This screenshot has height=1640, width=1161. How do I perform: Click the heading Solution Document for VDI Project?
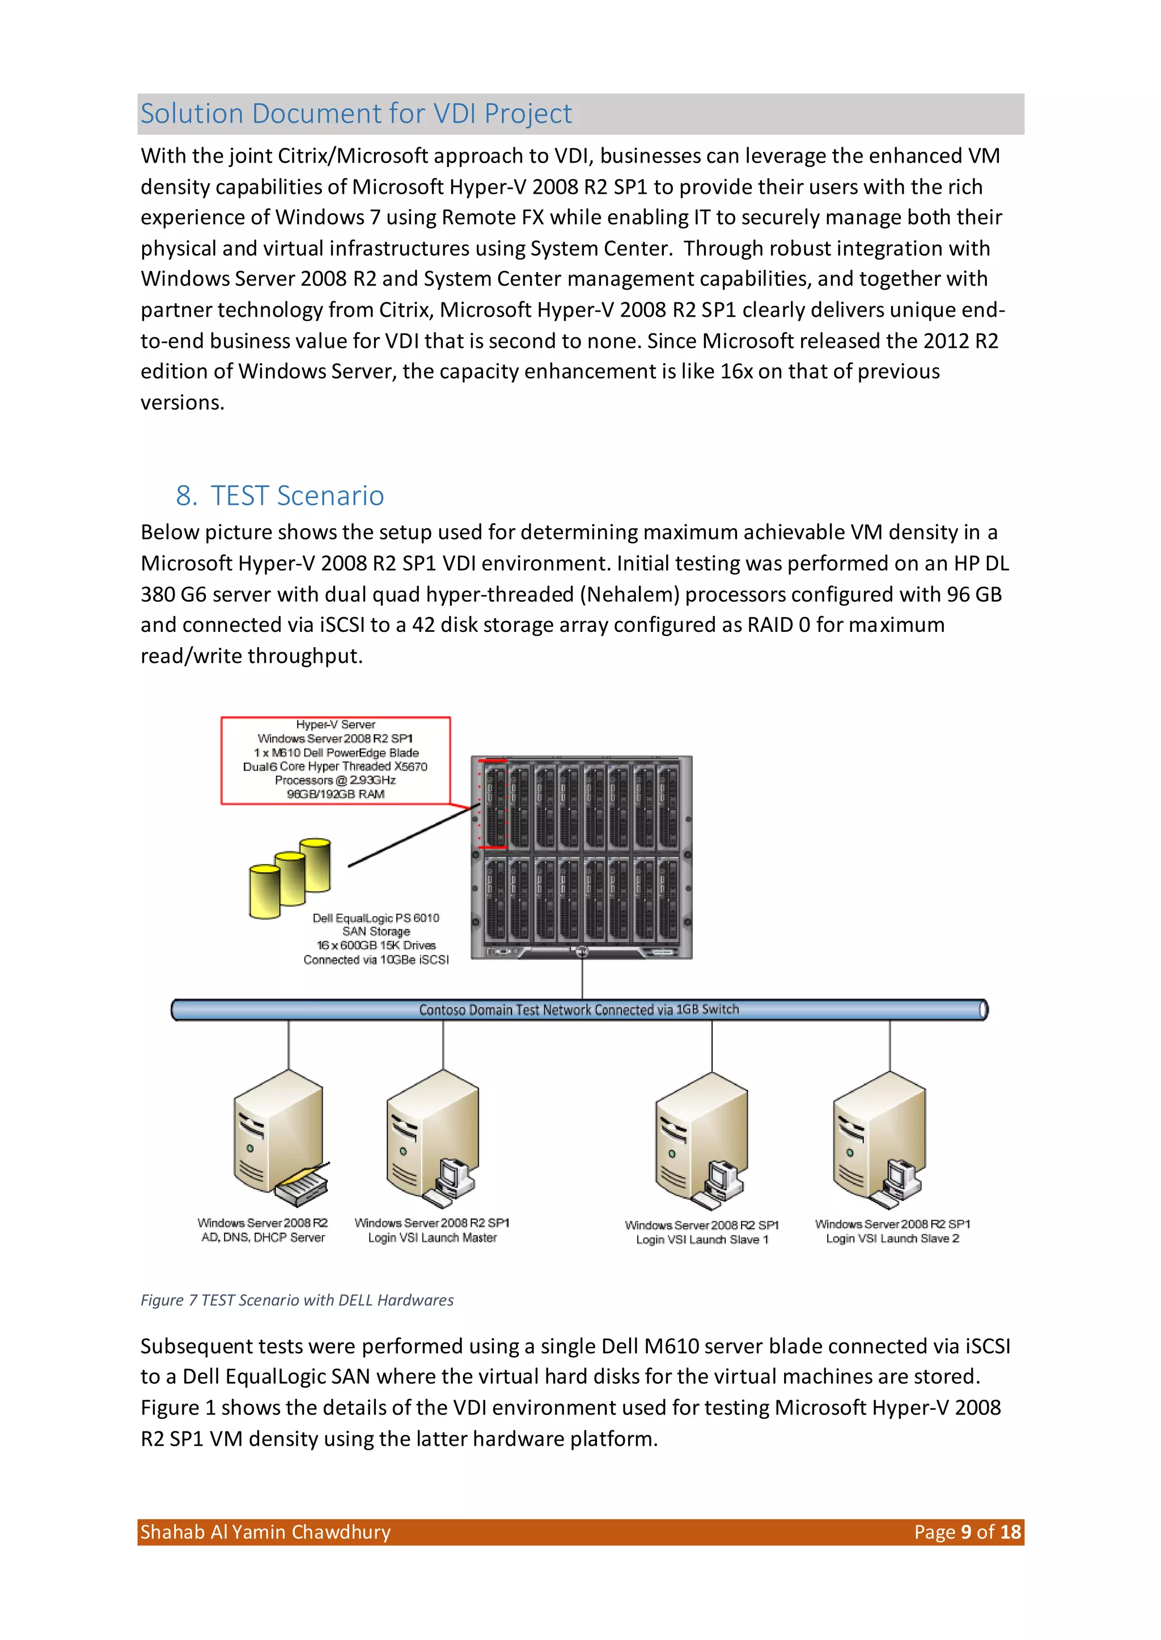click(356, 113)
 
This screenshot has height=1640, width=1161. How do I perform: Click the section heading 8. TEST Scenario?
click(279, 495)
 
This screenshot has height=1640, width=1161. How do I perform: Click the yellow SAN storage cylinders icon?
click(290, 878)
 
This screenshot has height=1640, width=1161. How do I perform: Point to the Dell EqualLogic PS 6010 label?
click(375, 917)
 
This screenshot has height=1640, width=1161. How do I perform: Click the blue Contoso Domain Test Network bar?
click(578, 1010)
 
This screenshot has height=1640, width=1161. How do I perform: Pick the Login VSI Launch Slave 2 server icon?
click(880, 1140)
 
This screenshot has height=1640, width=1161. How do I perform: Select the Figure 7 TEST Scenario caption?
click(296, 1300)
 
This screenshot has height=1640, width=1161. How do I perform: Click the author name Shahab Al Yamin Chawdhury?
click(265, 1532)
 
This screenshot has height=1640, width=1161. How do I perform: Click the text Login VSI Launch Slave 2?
click(892, 1238)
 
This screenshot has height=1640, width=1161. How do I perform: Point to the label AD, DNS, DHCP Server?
click(263, 1238)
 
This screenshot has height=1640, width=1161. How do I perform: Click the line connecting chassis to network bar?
click(582, 979)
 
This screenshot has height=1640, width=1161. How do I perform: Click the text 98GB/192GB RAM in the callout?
click(335, 794)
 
